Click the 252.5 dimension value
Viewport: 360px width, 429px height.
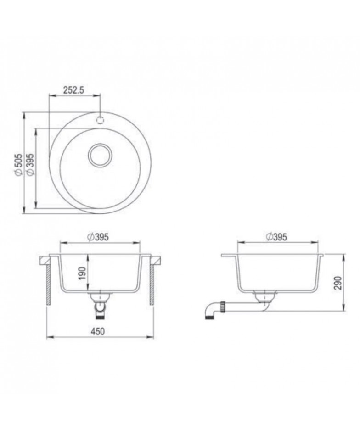(x=73, y=90)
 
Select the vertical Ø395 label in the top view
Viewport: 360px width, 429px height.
(x=30, y=164)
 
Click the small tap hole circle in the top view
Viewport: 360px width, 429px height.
(x=100, y=120)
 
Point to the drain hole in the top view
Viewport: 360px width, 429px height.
(x=100, y=155)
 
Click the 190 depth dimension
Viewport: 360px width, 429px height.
(x=82, y=273)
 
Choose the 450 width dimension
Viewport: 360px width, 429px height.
(x=98, y=331)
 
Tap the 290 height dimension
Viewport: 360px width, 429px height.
(x=338, y=283)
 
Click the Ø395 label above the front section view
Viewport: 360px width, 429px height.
(x=98, y=237)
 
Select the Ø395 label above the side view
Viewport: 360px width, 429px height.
(x=276, y=237)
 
